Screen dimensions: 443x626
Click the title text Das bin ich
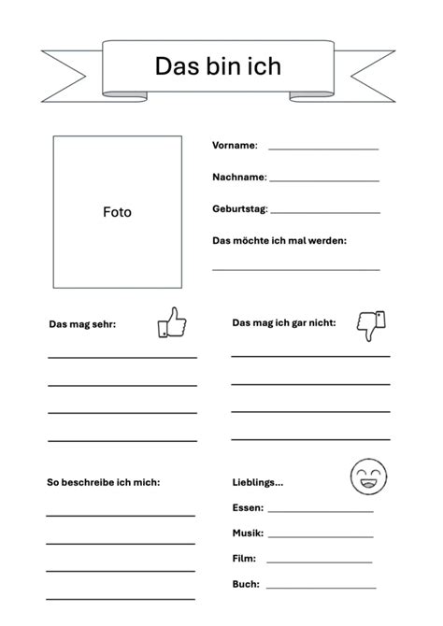217,65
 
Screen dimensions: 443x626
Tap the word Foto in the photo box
117,212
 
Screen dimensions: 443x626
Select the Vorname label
235,145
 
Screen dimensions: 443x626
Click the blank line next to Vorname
323,149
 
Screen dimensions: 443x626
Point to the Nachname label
239,177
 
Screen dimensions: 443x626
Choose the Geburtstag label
240,208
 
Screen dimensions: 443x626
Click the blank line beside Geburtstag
325,213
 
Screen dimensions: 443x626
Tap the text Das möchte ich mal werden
279,240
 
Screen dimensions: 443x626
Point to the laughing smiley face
366,477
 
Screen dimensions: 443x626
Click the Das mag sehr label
82,324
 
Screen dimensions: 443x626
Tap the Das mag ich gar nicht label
283,322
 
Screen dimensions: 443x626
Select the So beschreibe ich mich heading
103,482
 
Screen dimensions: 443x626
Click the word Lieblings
257,482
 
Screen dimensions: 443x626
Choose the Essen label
248,508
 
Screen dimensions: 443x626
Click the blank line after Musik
320,537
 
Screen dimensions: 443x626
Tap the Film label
244,559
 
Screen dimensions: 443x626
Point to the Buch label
245,584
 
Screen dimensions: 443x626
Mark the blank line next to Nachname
324,180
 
